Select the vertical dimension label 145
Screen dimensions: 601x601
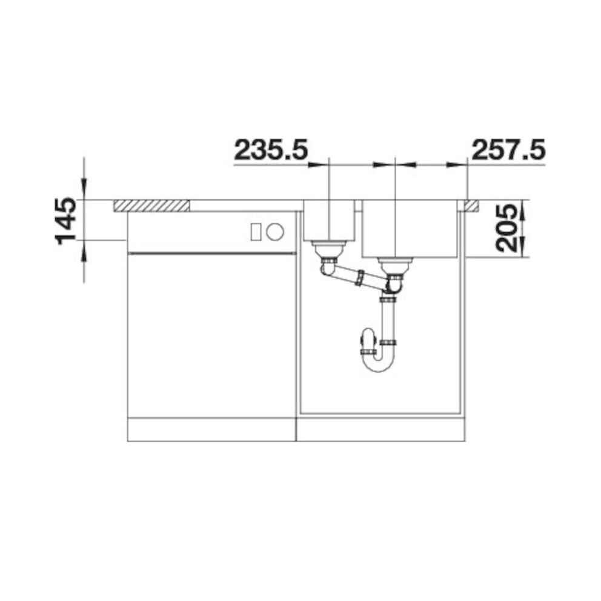(66, 221)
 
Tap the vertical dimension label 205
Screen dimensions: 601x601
(505, 228)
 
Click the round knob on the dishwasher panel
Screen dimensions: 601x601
(275, 232)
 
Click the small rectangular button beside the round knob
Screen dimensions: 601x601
(256, 232)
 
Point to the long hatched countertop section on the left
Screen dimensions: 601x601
(151, 205)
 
